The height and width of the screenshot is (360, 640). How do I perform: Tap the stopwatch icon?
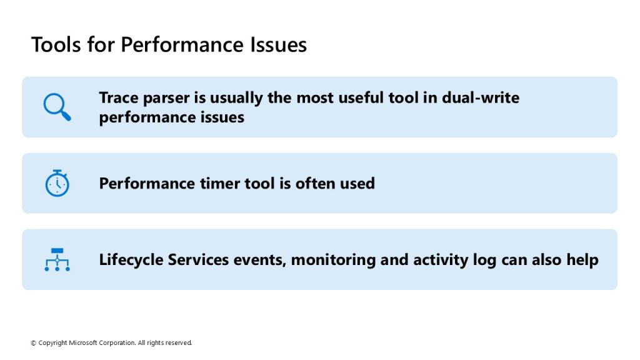(57, 183)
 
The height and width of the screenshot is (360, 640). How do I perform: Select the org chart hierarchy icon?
(57, 259)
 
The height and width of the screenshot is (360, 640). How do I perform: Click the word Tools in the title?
(56, 44)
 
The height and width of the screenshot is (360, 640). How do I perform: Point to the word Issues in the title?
(278, 44)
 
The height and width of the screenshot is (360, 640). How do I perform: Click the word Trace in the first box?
(119, 98)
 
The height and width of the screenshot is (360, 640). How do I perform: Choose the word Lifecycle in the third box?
(131, 260)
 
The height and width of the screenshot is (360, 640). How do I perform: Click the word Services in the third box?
(198, 259)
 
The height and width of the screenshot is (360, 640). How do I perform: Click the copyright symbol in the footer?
(34, 343)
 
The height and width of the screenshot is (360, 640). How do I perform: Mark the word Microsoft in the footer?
(83, 343)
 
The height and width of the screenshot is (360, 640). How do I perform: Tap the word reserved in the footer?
(179, 343)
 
